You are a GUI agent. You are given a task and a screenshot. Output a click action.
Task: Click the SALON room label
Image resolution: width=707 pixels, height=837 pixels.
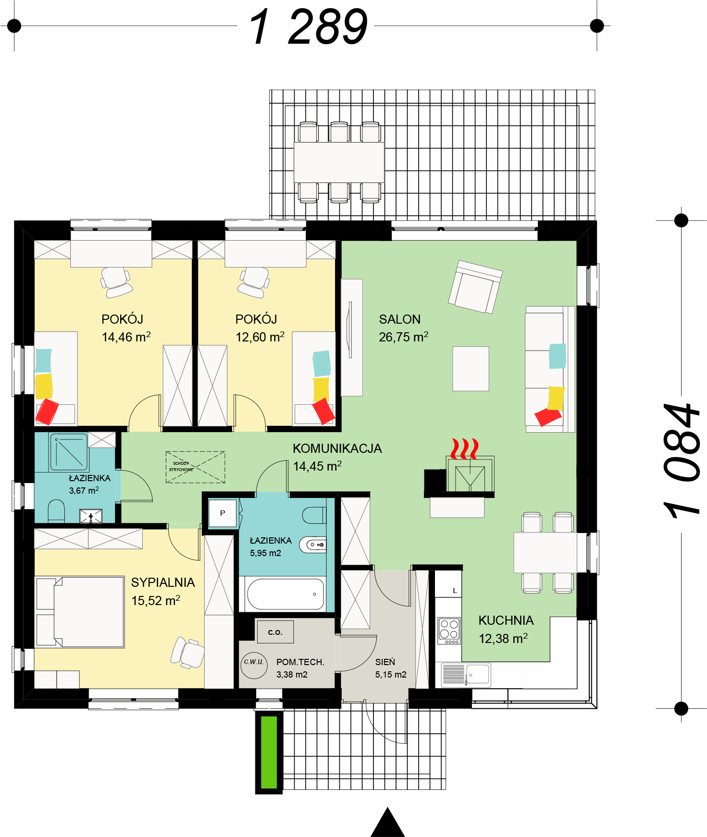tap(399, 319)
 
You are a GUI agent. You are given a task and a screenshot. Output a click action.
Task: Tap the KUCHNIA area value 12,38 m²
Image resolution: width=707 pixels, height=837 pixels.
tap(503, 639)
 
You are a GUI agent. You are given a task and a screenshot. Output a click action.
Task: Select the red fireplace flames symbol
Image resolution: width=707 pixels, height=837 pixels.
tap(464, 449)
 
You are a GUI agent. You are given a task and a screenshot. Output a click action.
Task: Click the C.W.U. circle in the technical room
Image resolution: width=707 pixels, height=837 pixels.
tap(254, 665)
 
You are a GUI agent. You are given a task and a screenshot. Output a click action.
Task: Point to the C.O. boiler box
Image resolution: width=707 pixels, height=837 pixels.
tap(275, 631)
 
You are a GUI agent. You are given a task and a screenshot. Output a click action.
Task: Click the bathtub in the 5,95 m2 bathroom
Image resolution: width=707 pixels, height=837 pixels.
tap(286, 594)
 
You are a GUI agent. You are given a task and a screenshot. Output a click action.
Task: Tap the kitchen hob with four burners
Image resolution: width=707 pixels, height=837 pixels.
tap(449, 630)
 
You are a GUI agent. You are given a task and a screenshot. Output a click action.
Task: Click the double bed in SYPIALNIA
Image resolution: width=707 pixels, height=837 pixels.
tap(80, 612)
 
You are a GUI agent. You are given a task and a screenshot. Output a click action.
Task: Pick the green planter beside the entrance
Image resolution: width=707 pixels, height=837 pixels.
tap(269, 752)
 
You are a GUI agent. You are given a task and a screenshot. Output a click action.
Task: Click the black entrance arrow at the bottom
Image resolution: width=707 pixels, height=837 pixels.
tap(387, 822)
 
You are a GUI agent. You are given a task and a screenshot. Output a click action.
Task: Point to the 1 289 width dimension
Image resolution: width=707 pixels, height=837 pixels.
tap(308, 27)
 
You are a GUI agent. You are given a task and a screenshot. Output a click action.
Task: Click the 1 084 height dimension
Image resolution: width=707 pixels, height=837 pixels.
tap(682, 461)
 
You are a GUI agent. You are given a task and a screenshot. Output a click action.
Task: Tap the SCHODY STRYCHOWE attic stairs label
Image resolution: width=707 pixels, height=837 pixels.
tap(181, 466)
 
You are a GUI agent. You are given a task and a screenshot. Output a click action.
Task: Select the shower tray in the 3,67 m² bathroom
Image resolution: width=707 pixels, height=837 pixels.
tap(69, 452)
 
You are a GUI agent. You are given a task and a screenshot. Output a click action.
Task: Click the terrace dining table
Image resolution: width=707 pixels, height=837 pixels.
tap(339, 162)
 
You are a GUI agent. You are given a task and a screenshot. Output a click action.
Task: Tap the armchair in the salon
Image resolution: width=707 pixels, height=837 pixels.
tap(475, 287)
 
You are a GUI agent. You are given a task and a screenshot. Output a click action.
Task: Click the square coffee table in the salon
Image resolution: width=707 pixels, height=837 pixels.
tap(471, 368)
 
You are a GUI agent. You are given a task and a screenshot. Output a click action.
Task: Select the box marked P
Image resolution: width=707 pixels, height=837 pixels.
tap(223, 513)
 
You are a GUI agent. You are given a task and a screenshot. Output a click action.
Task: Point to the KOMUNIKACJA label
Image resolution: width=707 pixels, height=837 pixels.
tap(337, 449)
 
